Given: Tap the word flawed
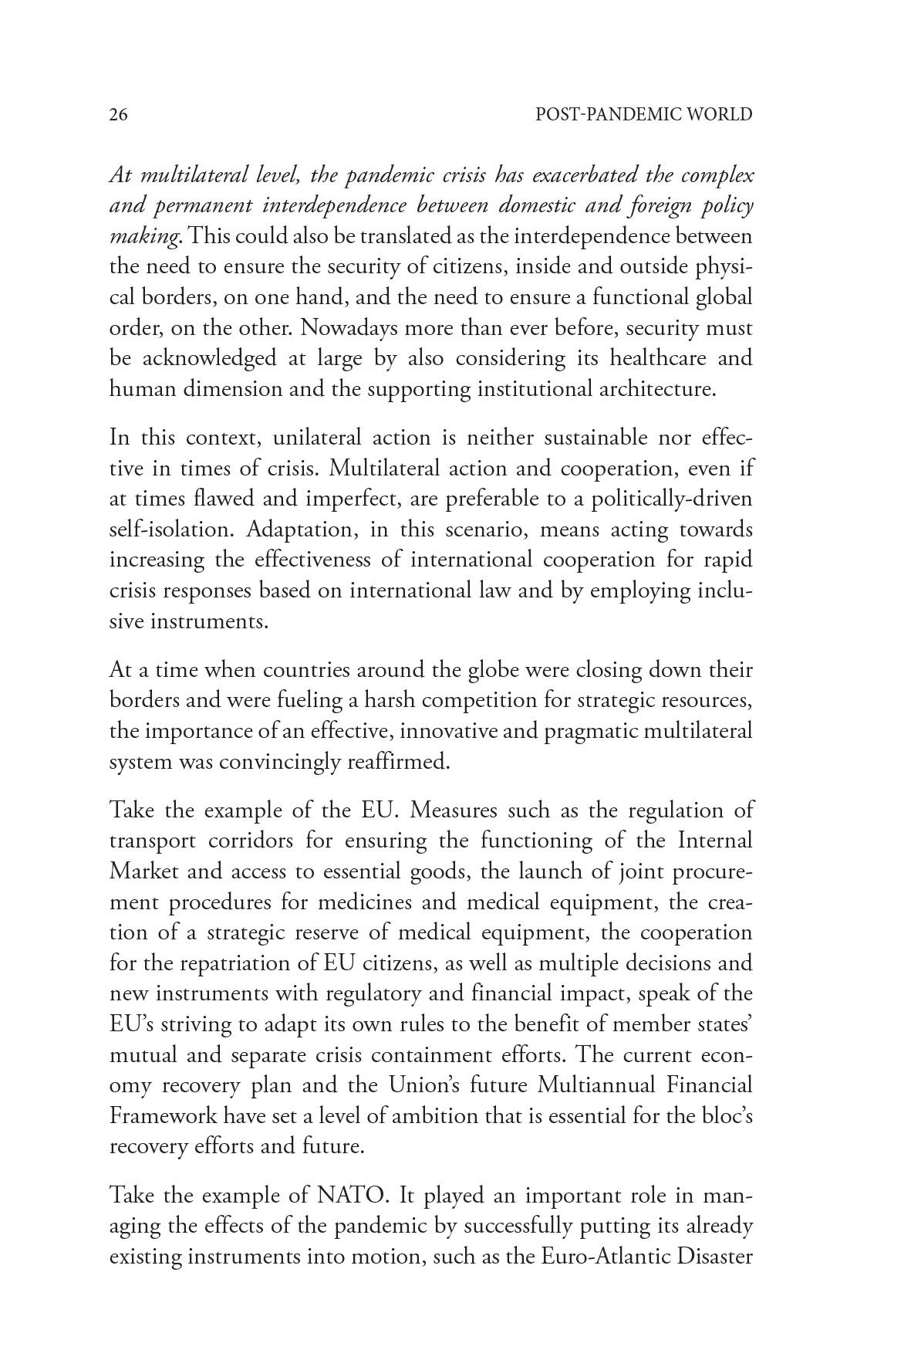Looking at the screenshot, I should click(x=211, y=499).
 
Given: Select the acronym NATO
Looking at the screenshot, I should click(x=351, y=1196).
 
